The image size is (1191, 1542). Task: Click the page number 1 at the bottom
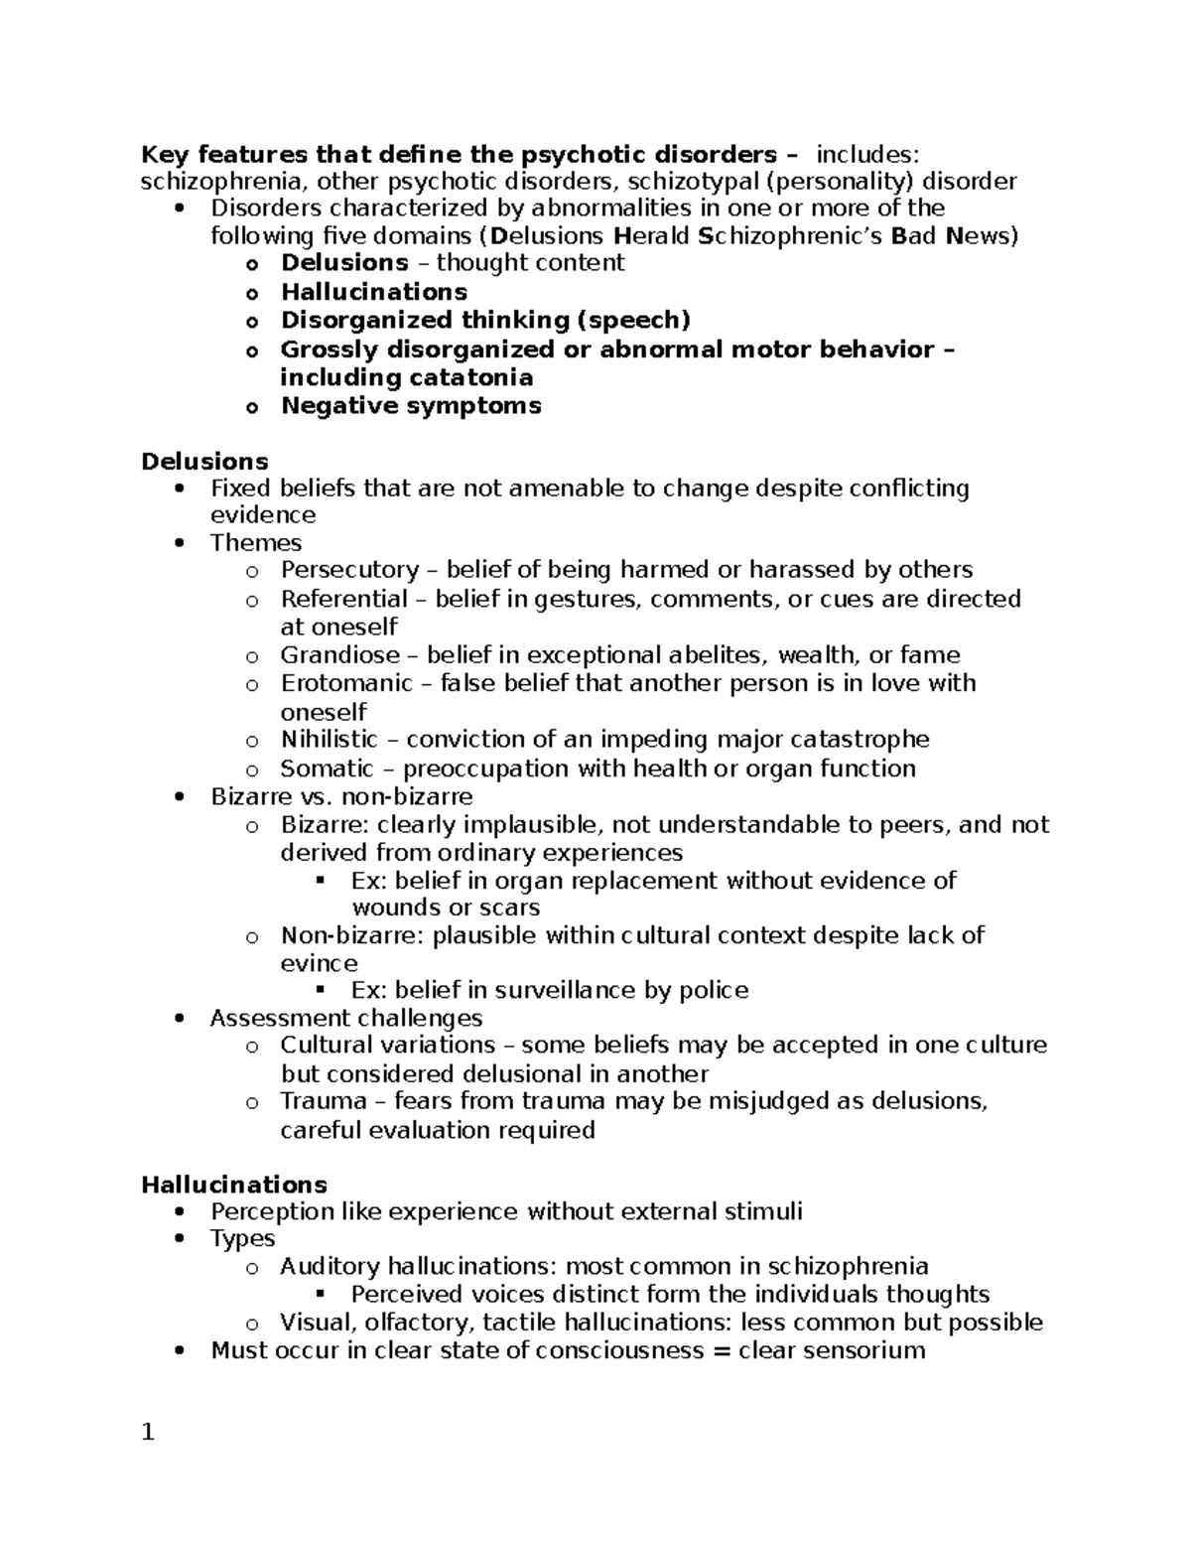pos(148,1433)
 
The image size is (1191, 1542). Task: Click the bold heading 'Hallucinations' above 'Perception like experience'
pos(234,1185)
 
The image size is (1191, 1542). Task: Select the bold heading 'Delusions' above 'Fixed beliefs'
pos(204,462)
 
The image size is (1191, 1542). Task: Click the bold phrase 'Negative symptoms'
pos(411,405)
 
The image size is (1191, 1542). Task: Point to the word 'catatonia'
pos(471,377)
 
